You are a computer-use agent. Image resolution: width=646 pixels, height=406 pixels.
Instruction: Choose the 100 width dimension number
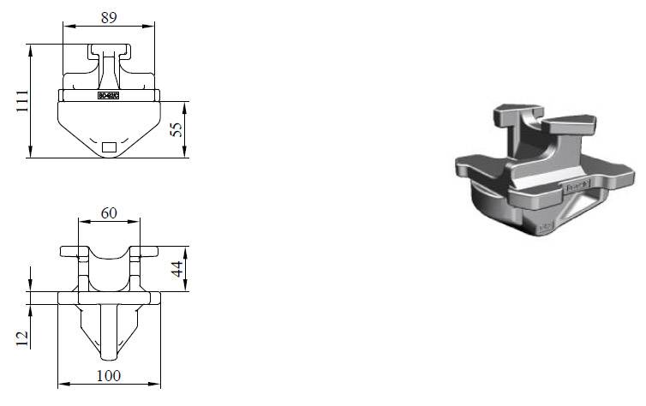coord(108,375)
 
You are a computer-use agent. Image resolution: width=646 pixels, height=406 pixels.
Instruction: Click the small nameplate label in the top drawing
coord(109,96)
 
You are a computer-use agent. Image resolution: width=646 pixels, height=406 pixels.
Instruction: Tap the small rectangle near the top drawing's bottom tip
coord(109,146)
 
